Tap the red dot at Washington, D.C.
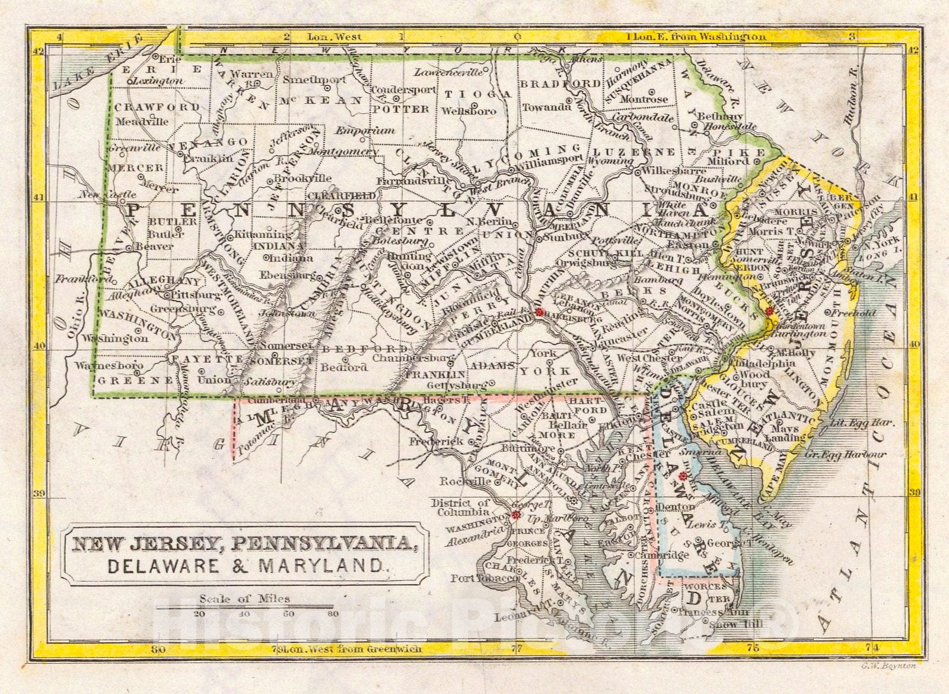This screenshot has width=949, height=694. (514, 516)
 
